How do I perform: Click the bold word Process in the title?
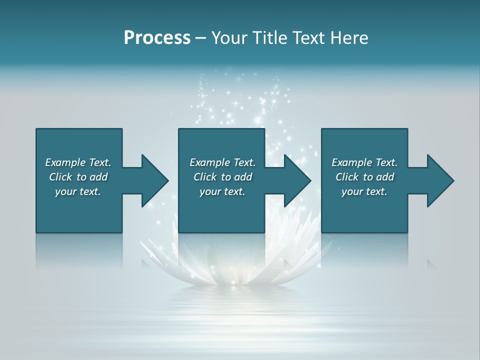(157, 38)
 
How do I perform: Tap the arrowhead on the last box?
(439, 180)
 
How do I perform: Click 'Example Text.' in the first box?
(78, 162)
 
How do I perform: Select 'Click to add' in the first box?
(78, 177)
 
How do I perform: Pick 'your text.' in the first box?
(78, 191)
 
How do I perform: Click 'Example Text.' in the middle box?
(222, 162)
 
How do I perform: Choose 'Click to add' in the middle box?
(222, 177)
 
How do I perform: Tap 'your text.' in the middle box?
(222, 191)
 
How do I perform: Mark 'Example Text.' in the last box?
(364, 162)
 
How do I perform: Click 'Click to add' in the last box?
(364, 177)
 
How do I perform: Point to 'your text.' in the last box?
(364, 191)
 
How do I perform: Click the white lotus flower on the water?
(235, 260)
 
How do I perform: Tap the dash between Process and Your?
(200, 38)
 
